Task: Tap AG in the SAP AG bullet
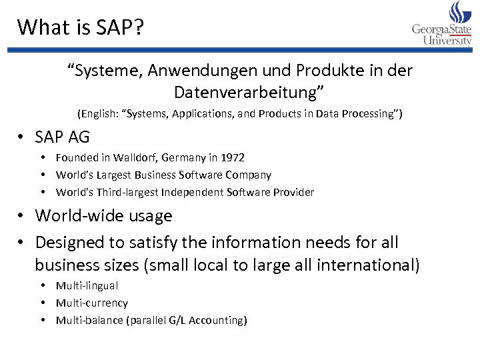[x=78, y=137]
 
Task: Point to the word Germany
[x=183, y=158]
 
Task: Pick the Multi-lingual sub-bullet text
[x=87, y=286]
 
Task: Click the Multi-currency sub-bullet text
[x=92, y=303]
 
